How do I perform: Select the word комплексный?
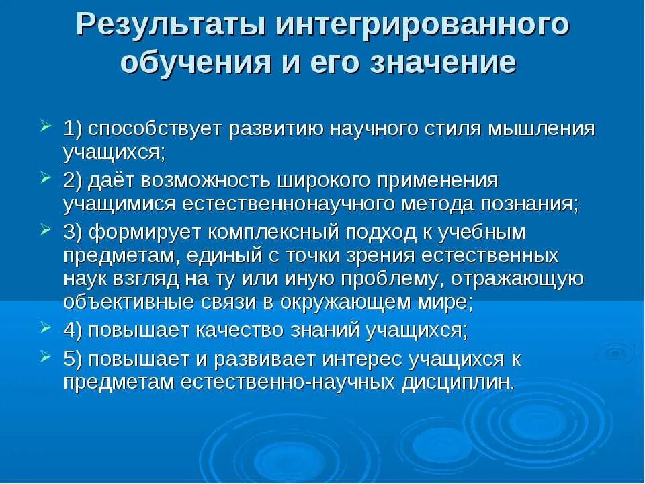279,233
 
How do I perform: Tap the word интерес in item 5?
360,360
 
